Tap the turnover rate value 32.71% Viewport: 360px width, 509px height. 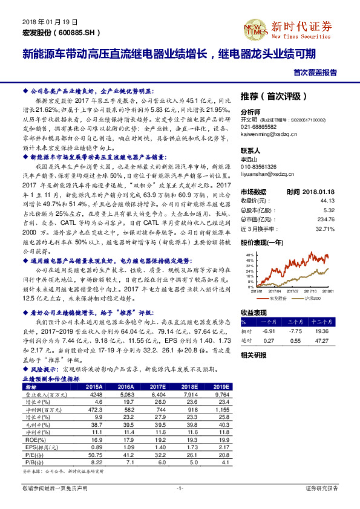(x=325, y=229)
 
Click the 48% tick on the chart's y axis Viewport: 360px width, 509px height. (x=249, y=255)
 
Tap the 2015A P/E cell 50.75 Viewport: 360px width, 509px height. (x=94, y=454)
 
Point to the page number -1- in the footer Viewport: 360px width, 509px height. (x=180, y=487)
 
